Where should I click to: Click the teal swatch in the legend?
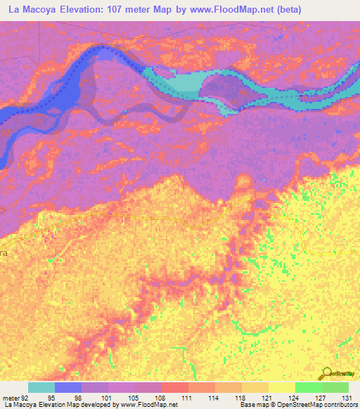click(x=41, y=387)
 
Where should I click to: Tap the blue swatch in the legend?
click(x=68, y=387)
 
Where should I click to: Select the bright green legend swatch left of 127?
click(x=308, y=387)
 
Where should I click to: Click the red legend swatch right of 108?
click(x=174, y=387)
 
